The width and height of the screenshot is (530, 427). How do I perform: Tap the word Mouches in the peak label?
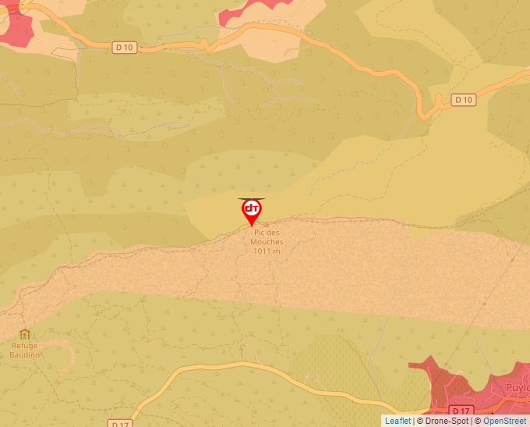267,242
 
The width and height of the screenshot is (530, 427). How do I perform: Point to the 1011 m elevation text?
267,251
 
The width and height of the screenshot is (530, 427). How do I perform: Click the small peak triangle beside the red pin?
266,224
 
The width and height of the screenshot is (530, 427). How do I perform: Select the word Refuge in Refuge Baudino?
24,346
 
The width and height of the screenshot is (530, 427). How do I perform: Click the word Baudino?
24,354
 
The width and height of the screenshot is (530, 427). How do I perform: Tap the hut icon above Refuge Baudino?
24,334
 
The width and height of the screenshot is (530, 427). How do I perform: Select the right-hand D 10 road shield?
464,99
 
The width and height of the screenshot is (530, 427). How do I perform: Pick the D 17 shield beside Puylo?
461,411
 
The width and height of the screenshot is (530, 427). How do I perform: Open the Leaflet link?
397,421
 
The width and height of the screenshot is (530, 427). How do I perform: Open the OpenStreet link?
504,421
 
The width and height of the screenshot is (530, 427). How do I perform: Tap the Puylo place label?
517,387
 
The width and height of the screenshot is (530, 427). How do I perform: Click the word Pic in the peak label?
261,233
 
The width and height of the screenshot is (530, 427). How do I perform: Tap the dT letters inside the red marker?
252,208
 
